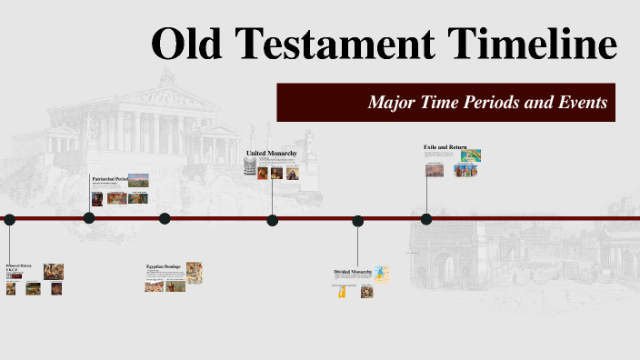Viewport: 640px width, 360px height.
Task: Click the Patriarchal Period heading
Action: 108,179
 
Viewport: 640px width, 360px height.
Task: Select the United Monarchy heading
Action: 271,154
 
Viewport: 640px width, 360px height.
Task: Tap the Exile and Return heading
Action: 443,146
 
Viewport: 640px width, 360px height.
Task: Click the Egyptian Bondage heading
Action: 164,266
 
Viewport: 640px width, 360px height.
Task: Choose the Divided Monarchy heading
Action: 354,272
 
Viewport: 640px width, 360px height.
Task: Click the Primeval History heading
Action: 19,265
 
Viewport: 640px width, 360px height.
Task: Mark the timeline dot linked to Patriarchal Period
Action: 89,218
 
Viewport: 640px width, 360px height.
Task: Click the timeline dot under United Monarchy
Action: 272,219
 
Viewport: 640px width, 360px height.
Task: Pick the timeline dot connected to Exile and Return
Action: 425,218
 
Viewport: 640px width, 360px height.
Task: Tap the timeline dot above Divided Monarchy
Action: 358,220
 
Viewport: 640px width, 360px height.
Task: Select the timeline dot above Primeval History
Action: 9,219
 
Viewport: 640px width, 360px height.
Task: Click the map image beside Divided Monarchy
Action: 382,274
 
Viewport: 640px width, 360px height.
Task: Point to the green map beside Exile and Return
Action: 471,155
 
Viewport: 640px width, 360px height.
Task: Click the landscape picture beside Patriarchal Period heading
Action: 138,179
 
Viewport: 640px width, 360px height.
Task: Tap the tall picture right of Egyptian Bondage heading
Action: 195,270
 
